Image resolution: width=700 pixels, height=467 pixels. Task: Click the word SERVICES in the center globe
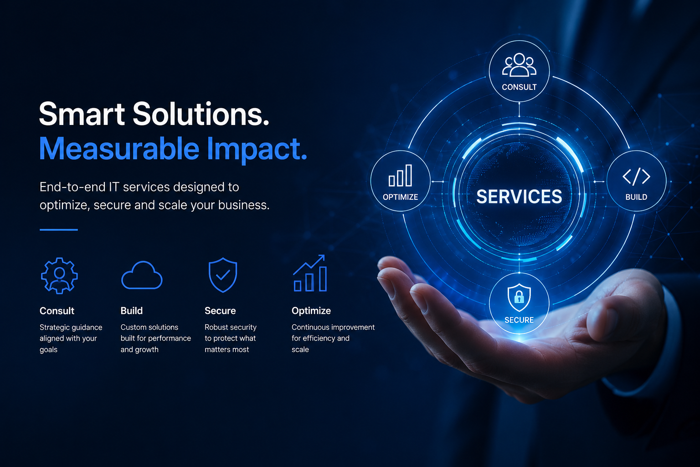(519, 197)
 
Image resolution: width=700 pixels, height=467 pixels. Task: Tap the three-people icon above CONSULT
(519, 65)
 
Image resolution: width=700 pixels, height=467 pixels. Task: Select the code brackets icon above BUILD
(636, 176)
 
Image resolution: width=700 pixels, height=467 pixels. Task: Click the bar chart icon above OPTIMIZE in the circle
(400, 176)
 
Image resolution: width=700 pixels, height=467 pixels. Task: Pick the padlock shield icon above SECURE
(519, 297)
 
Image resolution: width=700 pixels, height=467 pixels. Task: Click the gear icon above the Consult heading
(59, 275)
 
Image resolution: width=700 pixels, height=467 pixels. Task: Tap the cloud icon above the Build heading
(142, 275)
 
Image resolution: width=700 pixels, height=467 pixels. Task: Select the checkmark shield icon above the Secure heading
(223, 275)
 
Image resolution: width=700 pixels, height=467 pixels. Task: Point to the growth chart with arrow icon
(310, 273)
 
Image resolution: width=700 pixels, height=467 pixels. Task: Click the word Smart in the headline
(82, 114)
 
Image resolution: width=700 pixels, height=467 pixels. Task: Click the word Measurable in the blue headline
(119, 148)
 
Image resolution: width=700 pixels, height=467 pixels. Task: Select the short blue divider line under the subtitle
(59, 229)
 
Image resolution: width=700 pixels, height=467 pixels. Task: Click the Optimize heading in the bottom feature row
(311, 311)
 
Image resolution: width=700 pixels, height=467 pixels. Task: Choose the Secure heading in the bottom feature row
(220, 311)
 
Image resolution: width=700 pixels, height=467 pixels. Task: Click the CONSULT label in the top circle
(519, 87)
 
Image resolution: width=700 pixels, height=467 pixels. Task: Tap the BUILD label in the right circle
(636, 197)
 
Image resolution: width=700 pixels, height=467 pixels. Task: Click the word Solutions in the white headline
(201, 114)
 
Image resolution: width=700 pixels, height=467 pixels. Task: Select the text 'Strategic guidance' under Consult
(71, 327)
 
